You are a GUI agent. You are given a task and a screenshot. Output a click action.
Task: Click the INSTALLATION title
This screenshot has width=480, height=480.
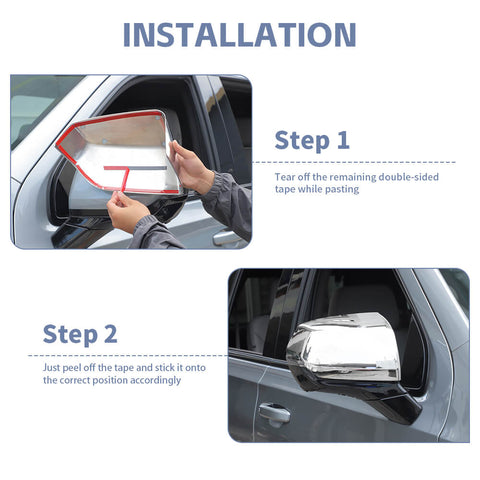pos(240,35)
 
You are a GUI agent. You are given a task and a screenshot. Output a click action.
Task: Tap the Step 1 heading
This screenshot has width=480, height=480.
pos(312,140)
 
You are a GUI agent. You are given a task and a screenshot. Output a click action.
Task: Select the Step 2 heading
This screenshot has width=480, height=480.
pos(80,334)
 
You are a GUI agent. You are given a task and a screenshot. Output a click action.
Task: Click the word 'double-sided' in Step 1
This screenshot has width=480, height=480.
pos(409,177)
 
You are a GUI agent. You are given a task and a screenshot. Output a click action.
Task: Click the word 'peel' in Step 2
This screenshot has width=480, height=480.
pos(72,368)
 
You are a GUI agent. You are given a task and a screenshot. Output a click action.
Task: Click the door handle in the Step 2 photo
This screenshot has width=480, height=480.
pos(274,414)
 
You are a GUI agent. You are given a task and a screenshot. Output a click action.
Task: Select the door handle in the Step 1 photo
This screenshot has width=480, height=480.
pos(228,238)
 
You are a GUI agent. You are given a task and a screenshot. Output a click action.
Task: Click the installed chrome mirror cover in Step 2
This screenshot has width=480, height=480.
pos(343,347)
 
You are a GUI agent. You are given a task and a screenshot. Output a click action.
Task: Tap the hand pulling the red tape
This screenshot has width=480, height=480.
pos(127,211)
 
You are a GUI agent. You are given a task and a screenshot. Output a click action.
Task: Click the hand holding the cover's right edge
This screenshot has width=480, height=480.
pos(191,167)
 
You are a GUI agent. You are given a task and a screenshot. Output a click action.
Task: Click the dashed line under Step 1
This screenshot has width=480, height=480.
pos(353,162)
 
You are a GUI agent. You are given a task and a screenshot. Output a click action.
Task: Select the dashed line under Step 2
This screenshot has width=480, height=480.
pos(128,356)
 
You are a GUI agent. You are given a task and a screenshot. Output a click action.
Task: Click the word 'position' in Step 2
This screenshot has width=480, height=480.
pos(110,380)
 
